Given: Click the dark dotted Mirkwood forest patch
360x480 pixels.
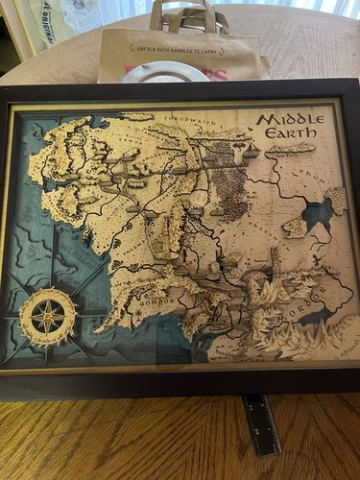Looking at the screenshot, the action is pos(227,173).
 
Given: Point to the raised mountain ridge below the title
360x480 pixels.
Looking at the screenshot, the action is pos(292,148).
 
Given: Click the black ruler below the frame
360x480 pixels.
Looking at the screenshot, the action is pos(260,423).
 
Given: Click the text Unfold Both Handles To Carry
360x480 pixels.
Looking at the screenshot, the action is pos(183,46).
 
